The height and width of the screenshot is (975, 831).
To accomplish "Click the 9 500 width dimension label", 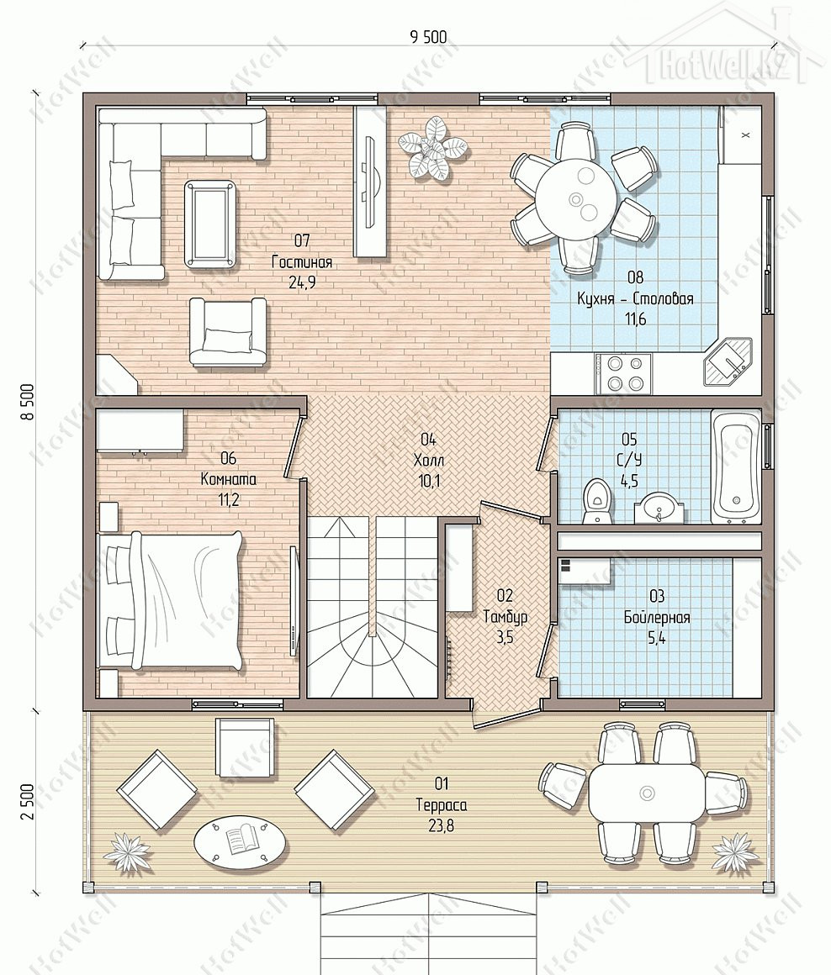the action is coord(428,37).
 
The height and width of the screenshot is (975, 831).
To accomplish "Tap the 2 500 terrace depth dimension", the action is coord(26,802).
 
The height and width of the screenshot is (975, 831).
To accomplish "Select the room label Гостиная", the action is coord(302,261).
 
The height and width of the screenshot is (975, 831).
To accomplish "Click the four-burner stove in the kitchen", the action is coord(622,374).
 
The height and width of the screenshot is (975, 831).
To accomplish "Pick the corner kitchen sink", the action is coord(727,363).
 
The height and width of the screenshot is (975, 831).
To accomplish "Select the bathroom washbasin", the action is coord(659,508).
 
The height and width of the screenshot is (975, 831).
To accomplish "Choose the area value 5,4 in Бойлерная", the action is coord(656,638).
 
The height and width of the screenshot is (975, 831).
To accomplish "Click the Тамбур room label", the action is coord(505,616).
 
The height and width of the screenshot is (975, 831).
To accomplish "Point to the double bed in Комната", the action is coord(170,599).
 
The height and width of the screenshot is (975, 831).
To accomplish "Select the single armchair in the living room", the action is coord(228,331).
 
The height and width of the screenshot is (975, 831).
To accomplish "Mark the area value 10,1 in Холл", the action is coord(429,480).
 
